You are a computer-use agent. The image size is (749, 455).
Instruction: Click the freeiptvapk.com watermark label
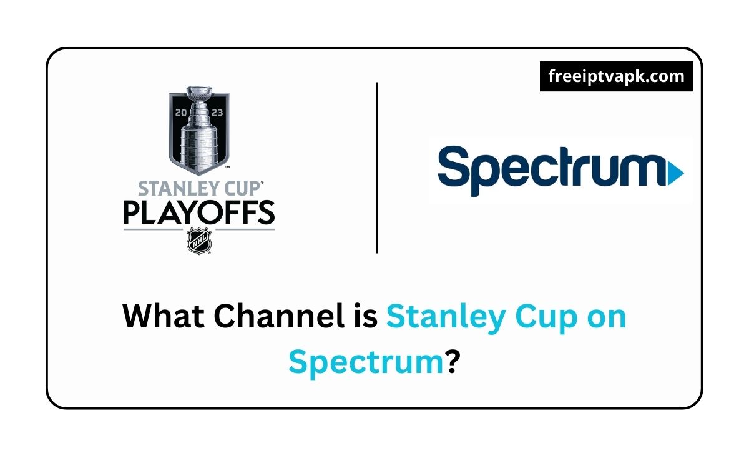click(x=616, y=76)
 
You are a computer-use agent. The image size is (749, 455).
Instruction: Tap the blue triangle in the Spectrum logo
click(x=675, y=173)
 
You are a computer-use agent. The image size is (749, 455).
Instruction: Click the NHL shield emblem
click(x=199, y=241)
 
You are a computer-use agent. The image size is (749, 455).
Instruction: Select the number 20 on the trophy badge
click(x=181, y=112)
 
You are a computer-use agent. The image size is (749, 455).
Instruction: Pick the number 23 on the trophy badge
click(x=217, y=112)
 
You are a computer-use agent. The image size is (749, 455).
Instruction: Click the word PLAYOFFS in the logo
click(x=199, y=212)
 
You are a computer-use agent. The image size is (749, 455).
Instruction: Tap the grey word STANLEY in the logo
click(x=179, y=189)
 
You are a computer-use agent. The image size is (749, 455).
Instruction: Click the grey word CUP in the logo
click(x=242, y=189)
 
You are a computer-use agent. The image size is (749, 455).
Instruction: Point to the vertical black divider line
click(x=377, y=167)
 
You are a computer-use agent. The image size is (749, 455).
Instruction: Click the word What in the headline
click(x=164, y=316)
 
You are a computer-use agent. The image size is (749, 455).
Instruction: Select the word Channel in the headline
click(x=279, y=316)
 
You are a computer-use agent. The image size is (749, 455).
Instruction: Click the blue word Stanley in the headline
click(x=446, y=318)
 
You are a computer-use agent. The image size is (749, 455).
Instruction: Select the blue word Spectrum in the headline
click(x=366, y=364)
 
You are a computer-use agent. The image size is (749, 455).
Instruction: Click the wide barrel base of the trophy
click(x=199, y=147)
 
